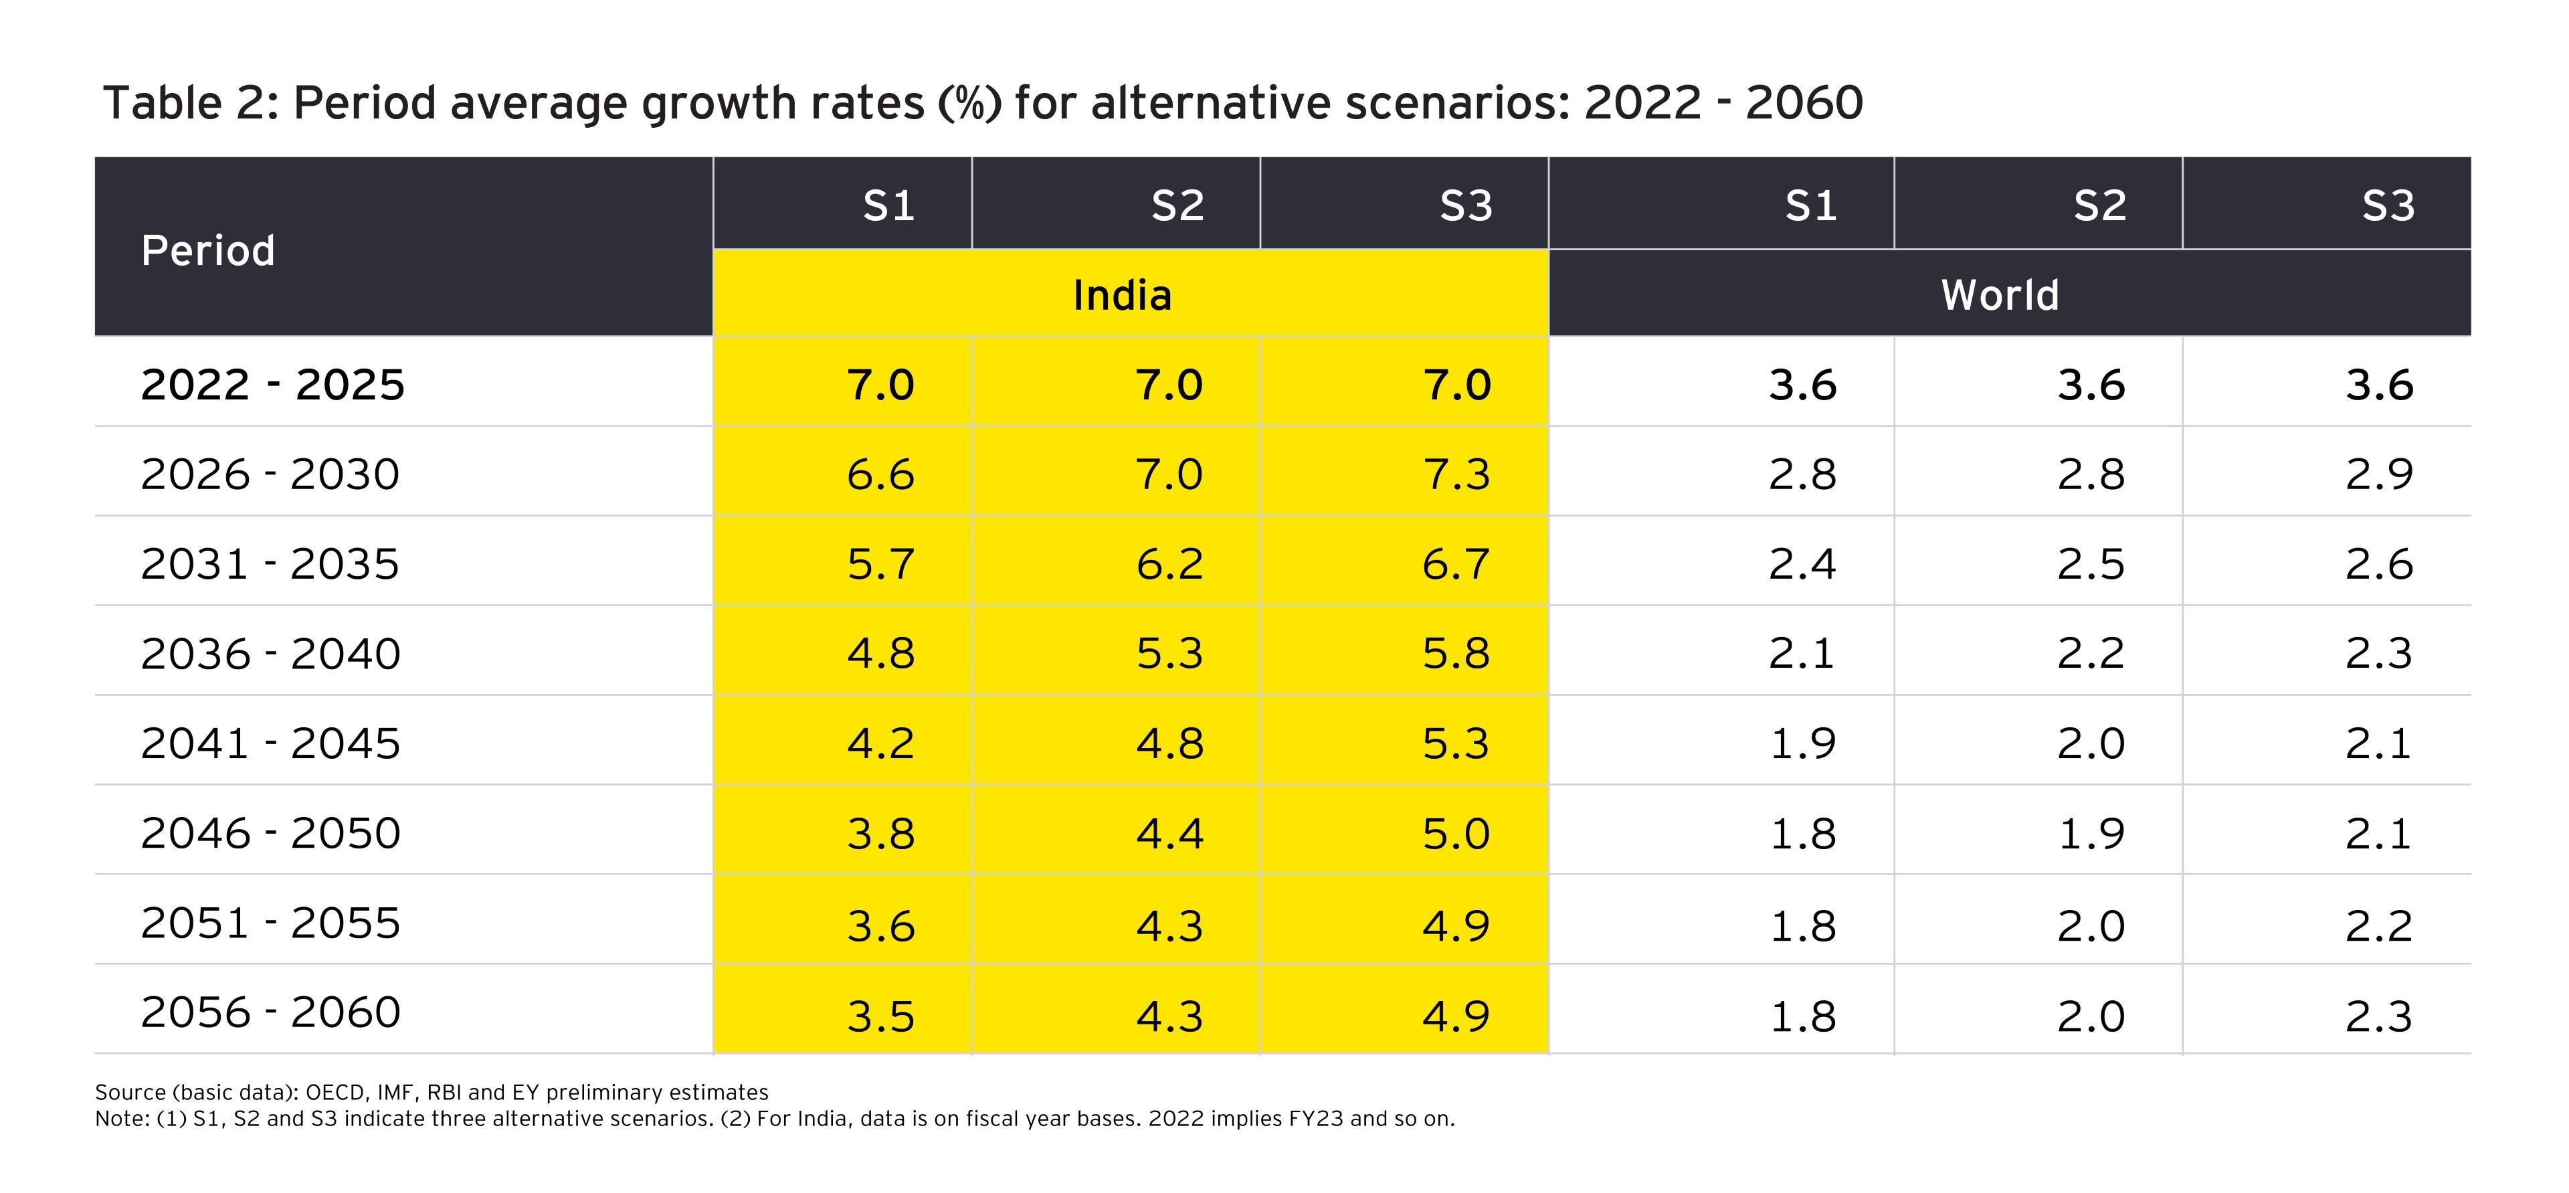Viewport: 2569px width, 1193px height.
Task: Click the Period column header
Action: [207, 250]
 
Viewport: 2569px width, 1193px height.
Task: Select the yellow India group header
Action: [1122, 295]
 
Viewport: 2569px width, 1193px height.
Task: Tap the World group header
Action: [2000, 295]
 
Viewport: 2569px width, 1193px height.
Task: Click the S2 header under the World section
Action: [2099, 205]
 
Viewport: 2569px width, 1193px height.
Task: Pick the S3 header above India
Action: [1465, 205]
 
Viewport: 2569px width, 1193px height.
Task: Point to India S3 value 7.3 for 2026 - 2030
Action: [1456, 474]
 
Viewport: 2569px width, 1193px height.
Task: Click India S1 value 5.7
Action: [880, 563]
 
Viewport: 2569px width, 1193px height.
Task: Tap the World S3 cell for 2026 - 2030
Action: [2378, 474]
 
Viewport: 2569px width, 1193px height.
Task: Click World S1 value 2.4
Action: [1802, 563]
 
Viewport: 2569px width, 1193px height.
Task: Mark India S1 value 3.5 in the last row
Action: [880, 1016]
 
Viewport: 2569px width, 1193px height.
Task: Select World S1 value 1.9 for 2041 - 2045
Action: [1802, 743]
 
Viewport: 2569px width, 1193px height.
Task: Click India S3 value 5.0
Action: [1456, 833]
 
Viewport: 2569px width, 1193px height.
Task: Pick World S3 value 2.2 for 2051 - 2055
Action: [2378, 925]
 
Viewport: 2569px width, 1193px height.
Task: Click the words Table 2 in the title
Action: [185, 103]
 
